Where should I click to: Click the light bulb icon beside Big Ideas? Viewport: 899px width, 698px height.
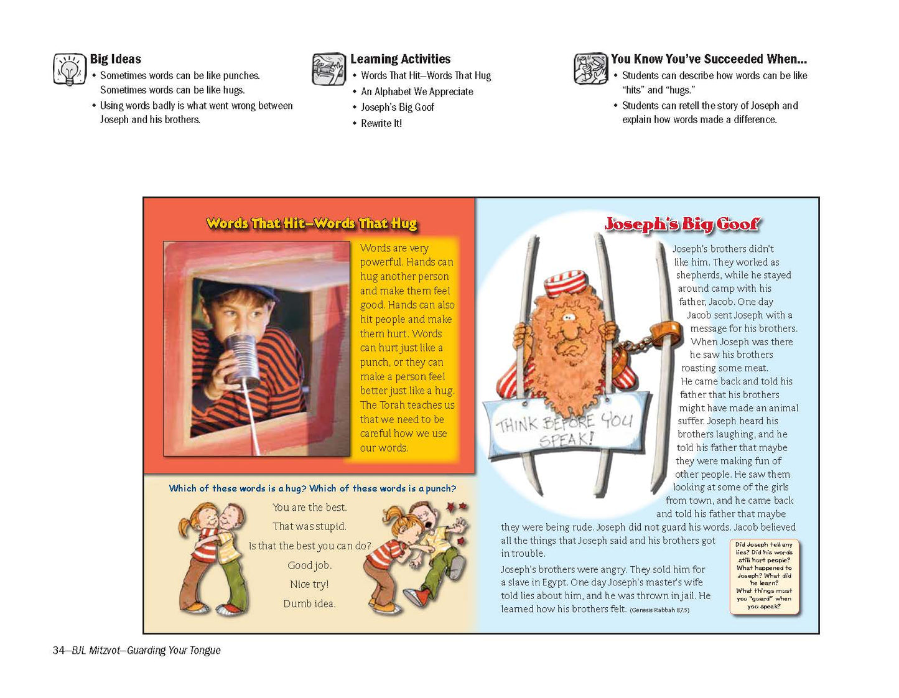(x=69, y=69)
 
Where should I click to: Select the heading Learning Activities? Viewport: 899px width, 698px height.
(x=400, y=59)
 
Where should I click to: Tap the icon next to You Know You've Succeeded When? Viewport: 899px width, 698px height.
(x=590, y=68)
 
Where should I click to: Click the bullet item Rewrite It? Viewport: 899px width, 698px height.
(x=381, y=123)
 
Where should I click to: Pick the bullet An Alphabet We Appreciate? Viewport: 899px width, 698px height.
(x=417, y=91)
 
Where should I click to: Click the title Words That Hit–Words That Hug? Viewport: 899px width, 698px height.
(x=312, y=223)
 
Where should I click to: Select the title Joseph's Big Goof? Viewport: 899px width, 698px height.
(x=682, y=224)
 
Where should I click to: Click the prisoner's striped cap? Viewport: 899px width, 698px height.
(x=565, y=283)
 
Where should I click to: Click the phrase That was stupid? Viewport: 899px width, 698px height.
(x=309, y=526)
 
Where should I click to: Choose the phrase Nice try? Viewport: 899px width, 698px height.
(x=309, y=584)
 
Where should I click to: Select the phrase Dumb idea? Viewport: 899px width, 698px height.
(x=309, y=603)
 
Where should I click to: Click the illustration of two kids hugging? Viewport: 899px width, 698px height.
(x=212, y=557)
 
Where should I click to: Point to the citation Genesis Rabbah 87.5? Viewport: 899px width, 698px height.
(x=659, y=610)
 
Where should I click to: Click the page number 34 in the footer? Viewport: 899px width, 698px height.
(x=58, y=650)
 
